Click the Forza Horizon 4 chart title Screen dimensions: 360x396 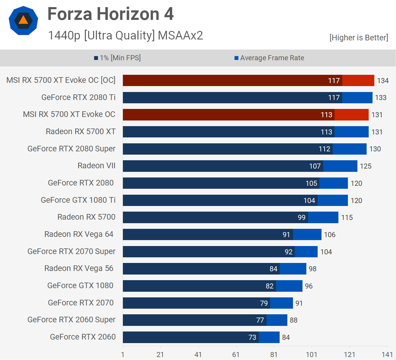pyautogui.click(x=110, y=14)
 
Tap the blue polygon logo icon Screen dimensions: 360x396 pyautogui.click(x=23, y=20)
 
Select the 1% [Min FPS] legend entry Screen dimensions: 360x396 pyautogui.click(x=117, y=58)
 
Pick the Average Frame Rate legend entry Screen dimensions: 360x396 pyautogui.click(x=269, y=58)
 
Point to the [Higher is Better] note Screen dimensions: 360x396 pyautogui.click(x=359, y=38)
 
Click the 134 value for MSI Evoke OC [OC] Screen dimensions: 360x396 pyautogui.click(x=383, y=81)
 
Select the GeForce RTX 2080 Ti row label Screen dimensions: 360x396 pyautogui.click(x=78, y=97)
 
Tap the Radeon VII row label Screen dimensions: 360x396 pyautogui.click(x=96, y=166)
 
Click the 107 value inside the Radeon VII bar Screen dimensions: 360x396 pyautogui.click(x=315, y=166)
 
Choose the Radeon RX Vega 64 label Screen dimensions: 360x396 pyautogui.click(x=79, y=234)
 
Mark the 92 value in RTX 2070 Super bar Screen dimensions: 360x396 pyautogui.click(x=289, y=252)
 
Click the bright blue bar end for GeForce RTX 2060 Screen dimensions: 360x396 pyautogui.click(x=269, y=337)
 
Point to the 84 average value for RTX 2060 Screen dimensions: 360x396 pyautogui.click(x=286, y=337)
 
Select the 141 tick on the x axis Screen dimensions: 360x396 pyautogui.click(x=387, y=355)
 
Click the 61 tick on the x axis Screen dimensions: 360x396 pyautogui.click(x=236, y=355)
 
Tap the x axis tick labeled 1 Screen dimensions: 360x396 pyautogui.click(x=123, y=355)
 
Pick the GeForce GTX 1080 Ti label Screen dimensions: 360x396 pyautogui.click(x=78, y=200)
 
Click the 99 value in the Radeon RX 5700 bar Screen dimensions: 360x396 pyautogui.click(x=302, y=218)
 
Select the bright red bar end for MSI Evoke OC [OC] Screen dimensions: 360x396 pyautogui.click(x=358, y=80)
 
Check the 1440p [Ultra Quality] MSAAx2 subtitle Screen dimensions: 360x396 pyautogui.click(x=125, y=35)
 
